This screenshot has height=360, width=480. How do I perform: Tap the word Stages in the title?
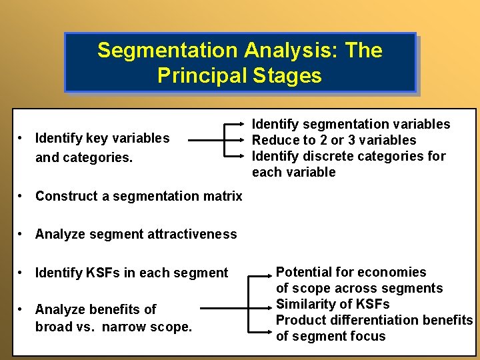(x=287, y=75)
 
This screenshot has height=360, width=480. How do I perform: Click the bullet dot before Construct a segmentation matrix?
(x=22, y=196)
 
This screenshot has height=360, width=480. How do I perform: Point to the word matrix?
(x=223, y=196)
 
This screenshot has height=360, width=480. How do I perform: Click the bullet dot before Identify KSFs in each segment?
(x=22, y=273)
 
